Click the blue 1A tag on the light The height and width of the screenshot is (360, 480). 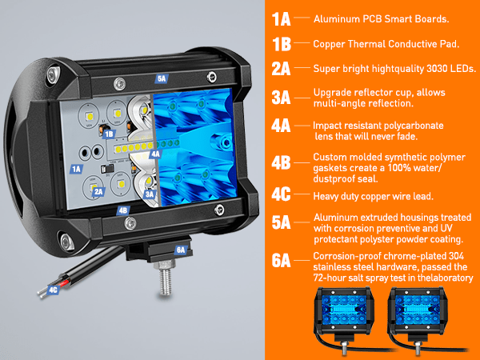76,169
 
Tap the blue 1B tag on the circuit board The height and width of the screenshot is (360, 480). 109,134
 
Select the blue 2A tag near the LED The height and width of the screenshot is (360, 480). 98,192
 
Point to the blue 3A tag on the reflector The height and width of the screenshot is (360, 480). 150,194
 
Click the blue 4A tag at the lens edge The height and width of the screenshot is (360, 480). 155,154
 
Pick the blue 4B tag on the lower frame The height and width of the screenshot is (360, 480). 122,210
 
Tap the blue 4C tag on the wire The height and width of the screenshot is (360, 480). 54,290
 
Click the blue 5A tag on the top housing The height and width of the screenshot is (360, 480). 162,78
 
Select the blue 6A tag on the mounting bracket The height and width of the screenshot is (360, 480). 181,250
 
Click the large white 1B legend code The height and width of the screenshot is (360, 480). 282,44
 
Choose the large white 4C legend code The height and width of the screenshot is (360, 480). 281,194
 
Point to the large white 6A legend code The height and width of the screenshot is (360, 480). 281,261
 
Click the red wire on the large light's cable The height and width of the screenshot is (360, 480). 64,284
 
